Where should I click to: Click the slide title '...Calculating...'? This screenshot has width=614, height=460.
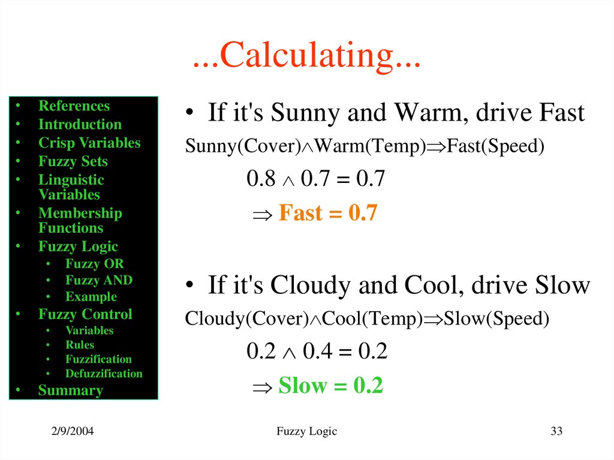click(306, 57)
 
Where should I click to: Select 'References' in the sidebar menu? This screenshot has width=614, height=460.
click(74, 106)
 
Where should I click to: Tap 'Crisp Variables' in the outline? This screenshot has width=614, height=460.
click(89, 143)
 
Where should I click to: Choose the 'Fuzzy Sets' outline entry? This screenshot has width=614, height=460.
click(73, 162)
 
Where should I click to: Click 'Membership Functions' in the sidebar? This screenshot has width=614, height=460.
click(80, 221)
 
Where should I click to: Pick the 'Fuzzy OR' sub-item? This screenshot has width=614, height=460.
click(95, 264)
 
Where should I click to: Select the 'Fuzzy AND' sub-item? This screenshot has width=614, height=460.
click(99, 280)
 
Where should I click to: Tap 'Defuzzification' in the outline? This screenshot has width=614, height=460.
click(104, 374)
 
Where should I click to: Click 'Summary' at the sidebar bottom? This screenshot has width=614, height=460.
click(70, 390)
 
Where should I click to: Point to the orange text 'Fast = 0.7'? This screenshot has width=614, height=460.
click(328, 214)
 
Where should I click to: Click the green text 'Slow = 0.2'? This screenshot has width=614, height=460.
click(330, 386)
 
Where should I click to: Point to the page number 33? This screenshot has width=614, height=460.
click(556, 432)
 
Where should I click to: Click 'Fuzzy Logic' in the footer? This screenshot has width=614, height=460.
click(307, 432)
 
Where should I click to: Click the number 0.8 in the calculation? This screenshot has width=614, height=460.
click(261, 179)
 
